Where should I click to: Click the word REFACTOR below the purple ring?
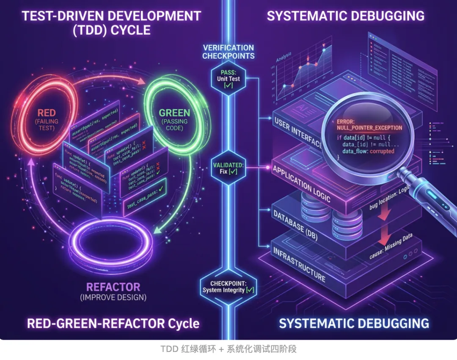[x=113, y=286]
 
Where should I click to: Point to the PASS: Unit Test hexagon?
[x=228, y=79]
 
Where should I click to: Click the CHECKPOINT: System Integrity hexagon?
[x=228, y=286]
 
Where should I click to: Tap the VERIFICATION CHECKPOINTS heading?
[x=228, y=52]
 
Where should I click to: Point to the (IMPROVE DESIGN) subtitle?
[x=113, y=297]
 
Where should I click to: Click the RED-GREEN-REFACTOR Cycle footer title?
[x=113, y=324]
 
